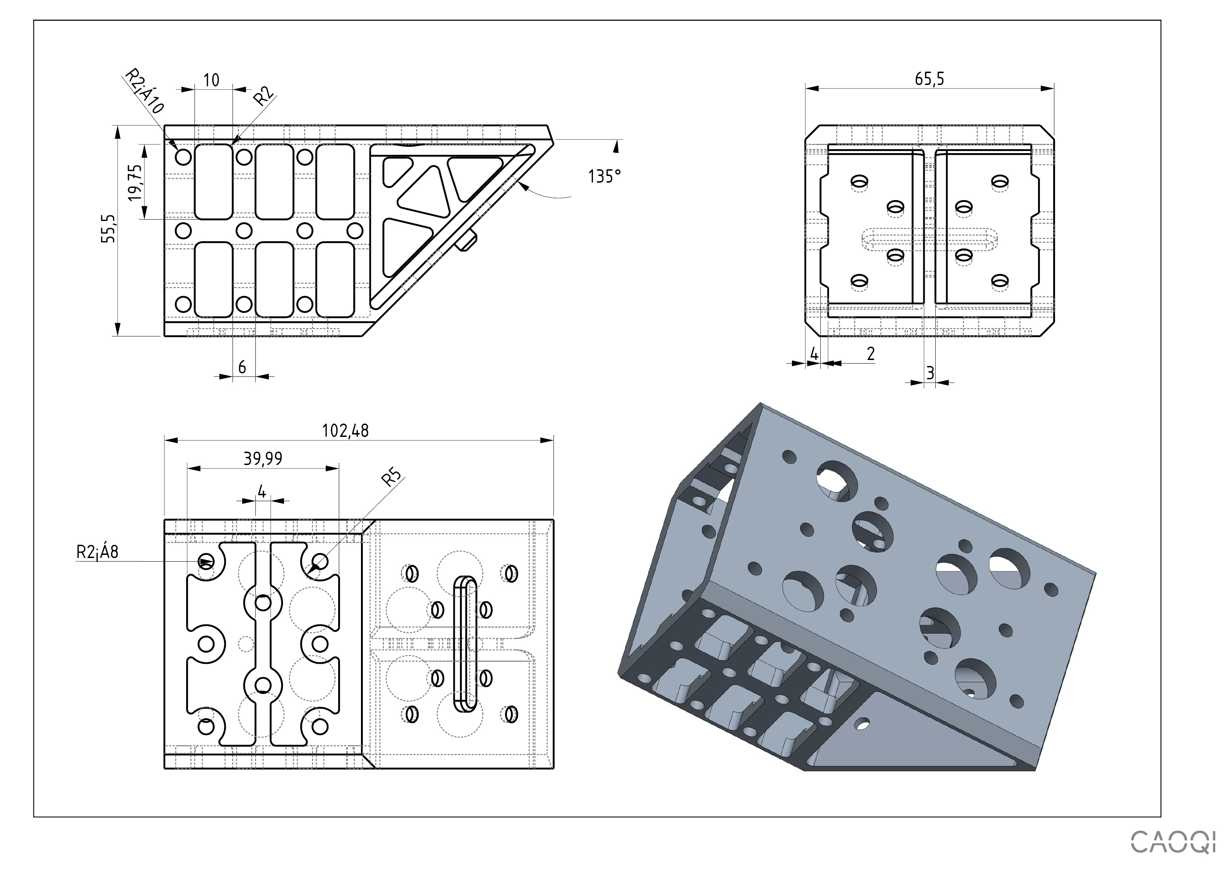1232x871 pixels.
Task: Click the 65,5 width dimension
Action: tap(929, 79)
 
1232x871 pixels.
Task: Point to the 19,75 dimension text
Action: tap(136, 183)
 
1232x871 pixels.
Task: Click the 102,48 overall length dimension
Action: tap(345, 430)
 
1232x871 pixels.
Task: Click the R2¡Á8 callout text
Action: tap(97, 552)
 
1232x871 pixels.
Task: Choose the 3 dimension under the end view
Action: tap(930, 372)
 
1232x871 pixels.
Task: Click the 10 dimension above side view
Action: tap(212, 80)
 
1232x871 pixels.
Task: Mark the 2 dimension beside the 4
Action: tap(870, 354)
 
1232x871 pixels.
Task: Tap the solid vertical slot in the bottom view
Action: tap(465, 644)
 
